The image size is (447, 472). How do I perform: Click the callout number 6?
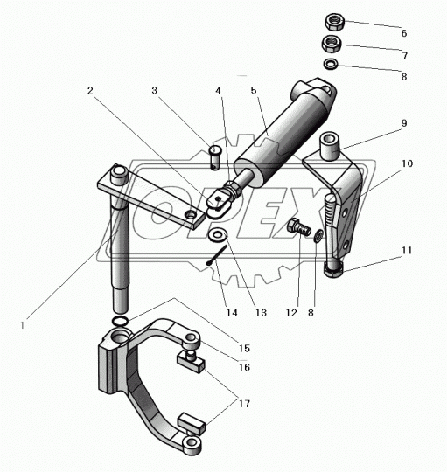404,33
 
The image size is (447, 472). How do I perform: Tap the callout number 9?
404,123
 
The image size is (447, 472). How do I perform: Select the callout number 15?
245,348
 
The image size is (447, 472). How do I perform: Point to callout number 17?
245,403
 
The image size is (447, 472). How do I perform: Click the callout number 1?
22,325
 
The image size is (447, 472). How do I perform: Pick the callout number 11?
407,251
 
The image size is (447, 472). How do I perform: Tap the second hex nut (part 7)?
332,44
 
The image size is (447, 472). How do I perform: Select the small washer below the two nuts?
331,64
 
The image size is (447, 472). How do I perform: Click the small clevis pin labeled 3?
215,157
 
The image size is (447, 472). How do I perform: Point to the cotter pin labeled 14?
217,254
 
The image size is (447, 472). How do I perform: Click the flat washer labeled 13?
218,235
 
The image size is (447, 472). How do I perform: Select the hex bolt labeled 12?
299,228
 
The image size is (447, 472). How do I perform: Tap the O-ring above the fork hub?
121,321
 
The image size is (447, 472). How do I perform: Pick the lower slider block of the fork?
192,425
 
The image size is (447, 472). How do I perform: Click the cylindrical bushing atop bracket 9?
331,147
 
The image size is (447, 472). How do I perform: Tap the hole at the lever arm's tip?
191,215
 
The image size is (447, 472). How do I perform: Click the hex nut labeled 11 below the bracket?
333,269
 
